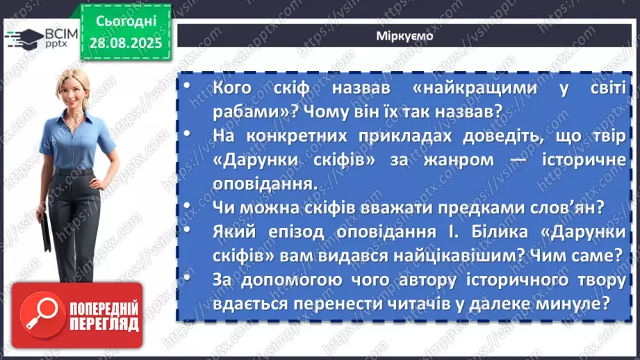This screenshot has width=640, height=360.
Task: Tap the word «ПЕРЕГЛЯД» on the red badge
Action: pyautogui.click(x=102, y=323)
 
